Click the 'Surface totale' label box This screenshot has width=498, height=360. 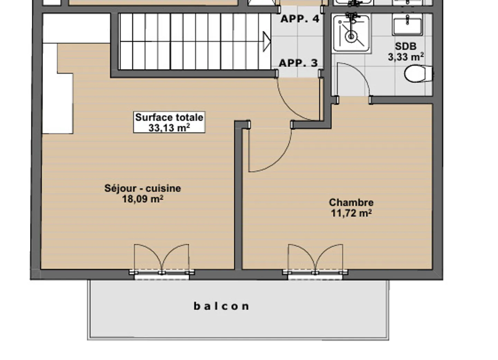point(169,122)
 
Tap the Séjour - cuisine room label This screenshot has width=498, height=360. point(142,188)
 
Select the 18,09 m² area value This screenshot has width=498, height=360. point(142,199)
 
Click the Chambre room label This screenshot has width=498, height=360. point(351,202)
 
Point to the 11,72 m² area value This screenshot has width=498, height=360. point(351,213)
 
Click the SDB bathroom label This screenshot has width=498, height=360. point(405,46)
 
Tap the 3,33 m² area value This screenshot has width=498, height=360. point(405,57)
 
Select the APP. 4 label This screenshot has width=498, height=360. point(299,19)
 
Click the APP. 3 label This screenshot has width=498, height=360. point(298,63)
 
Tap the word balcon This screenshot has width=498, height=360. point(221,306)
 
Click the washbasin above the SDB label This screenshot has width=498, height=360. point(407,25)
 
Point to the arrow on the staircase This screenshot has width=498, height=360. point(267,42)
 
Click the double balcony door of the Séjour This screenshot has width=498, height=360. point(162,260)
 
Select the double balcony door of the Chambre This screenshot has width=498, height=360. point(315,260)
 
